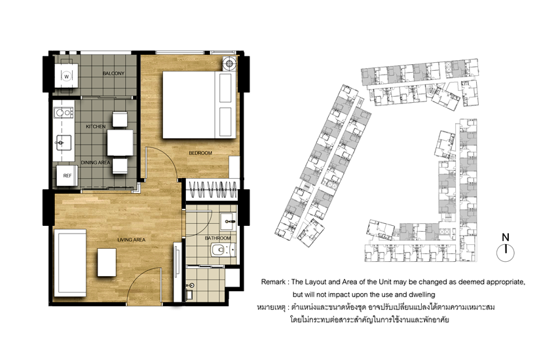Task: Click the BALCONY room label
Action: pyautogui.click(x=113, y=73)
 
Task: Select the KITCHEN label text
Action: pyautogui.click(x=96, y=126)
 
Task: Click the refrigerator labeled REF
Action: pyautogui.click(x=67, y=175)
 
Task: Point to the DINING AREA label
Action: pyautogui.click(x=95, y=162)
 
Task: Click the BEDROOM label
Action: pyautogui.click(x=200, y=153)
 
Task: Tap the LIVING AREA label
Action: pyautogui.click(x=131, y=240)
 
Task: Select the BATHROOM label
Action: pyautogui.click(x=218, y=238)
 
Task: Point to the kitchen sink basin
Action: pyautogui.click(x=64, y=142)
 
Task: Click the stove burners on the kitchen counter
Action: pyautogui.click(x=64, y=113)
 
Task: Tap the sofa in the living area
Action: pyautogui.click(x=70, y=263)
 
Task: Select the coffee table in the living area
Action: pyautogui.click(x=107, y=262)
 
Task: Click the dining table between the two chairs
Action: pyautogui.click(x=120, y=143)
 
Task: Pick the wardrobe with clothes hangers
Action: pyautogui.click(x=213, y=190)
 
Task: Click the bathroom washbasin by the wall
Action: pyautogui.click(x=228, y=222)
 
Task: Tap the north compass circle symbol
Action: pyautogui.click(x=506, y=253)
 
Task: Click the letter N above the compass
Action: pyautogui.click(x=506, y=237)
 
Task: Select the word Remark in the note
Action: pyautogui.click(x=273, y=282)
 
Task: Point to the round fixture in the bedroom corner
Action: pyautogui.click(x=229, y=63)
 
